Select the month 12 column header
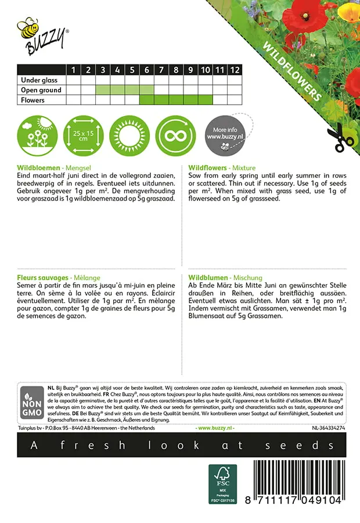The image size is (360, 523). tap(234, 70)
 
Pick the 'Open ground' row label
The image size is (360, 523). tap(41, 90)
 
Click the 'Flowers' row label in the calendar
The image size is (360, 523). tap(33, 100)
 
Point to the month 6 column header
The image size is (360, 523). tap(146, 70)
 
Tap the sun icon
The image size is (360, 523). tap(129, 135)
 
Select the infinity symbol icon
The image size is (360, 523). tap(176, 135)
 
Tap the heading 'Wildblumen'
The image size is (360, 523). tap(208, 278)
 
